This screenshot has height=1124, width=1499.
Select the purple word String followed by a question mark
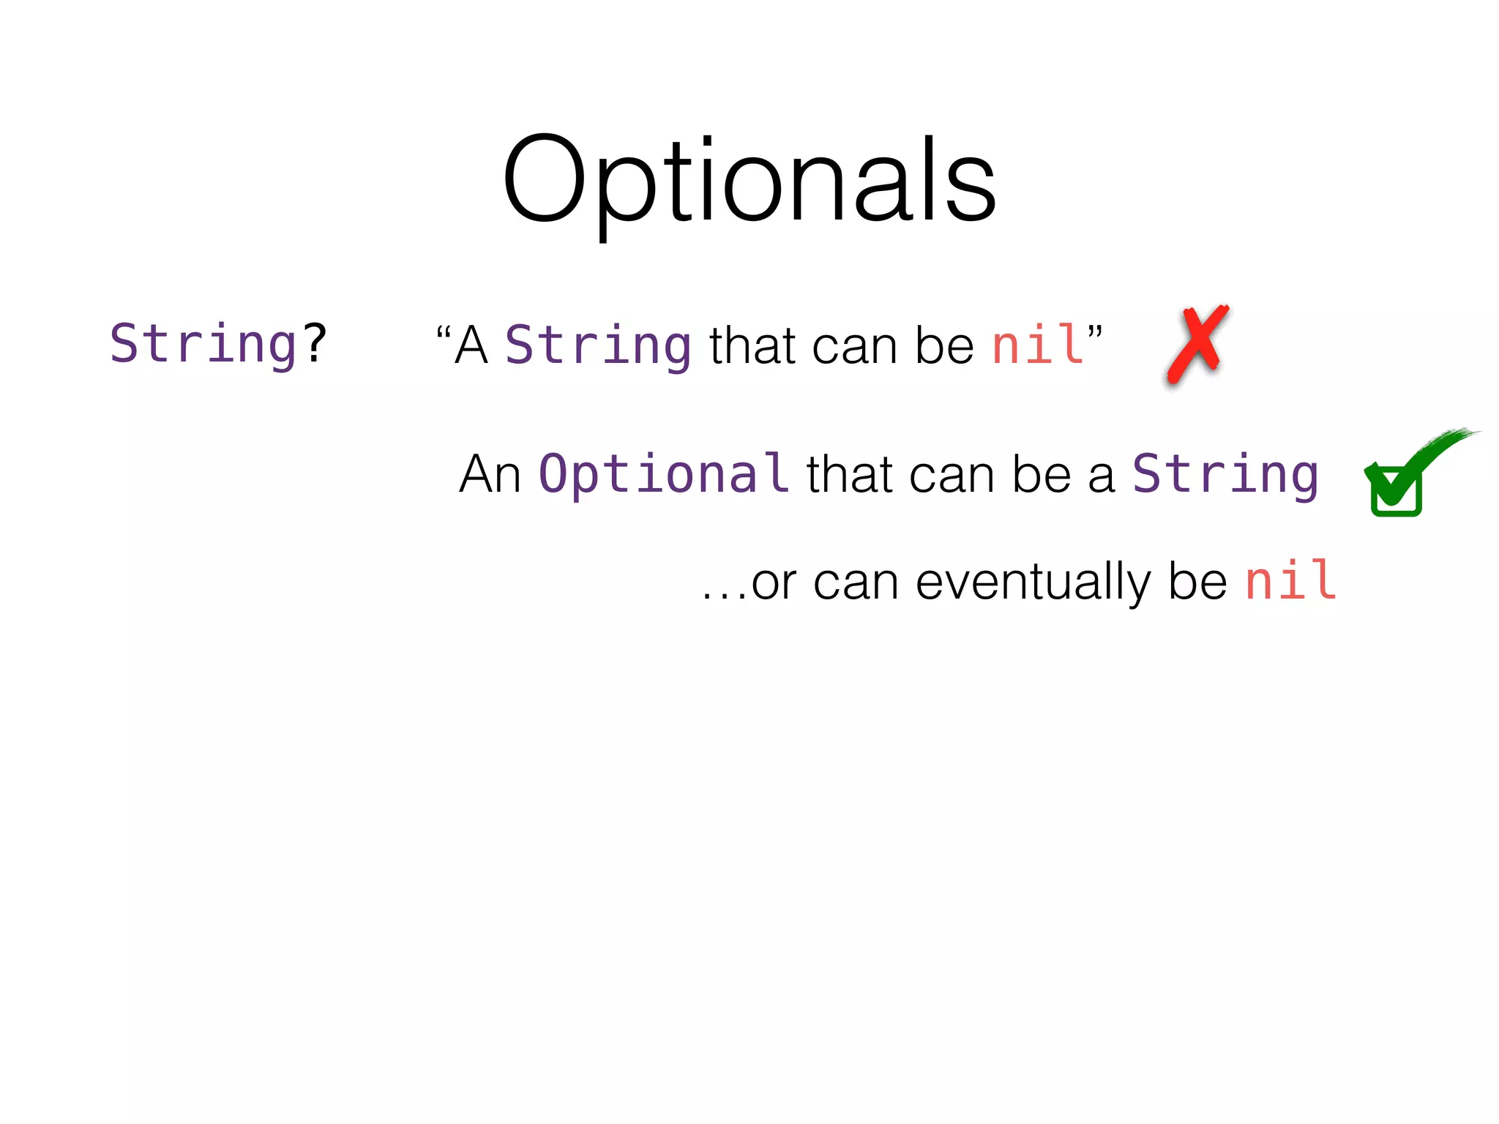[203, 344]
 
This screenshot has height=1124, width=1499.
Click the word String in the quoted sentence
[598, 345]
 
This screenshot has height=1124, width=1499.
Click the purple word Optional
[663, 473]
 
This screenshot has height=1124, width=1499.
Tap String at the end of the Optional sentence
[1225, 474]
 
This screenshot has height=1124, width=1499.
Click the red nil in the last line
[1290, 581]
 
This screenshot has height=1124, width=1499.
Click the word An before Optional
[490, 474]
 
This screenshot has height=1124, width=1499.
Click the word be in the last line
[1197, 582]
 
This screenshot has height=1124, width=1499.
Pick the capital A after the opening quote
[471, 345]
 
